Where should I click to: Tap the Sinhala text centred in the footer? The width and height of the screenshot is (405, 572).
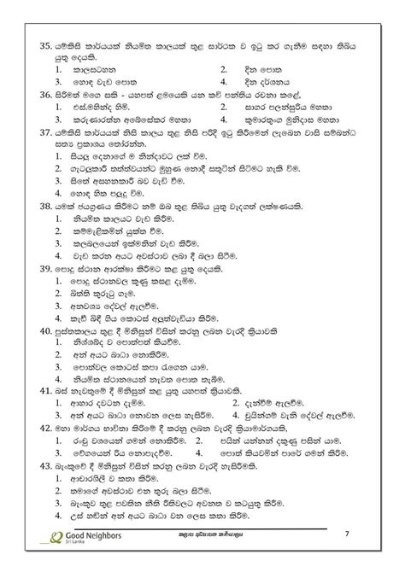[204, 558]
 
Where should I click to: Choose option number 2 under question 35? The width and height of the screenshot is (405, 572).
[223, 67]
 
